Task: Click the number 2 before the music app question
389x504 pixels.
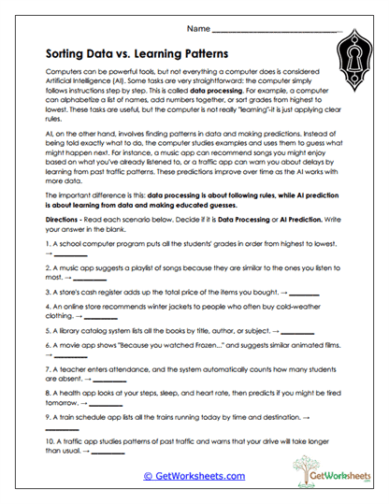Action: point(46,267)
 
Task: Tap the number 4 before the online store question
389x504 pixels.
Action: point(46,306)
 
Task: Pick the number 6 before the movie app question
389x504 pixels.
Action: point(46,344)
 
